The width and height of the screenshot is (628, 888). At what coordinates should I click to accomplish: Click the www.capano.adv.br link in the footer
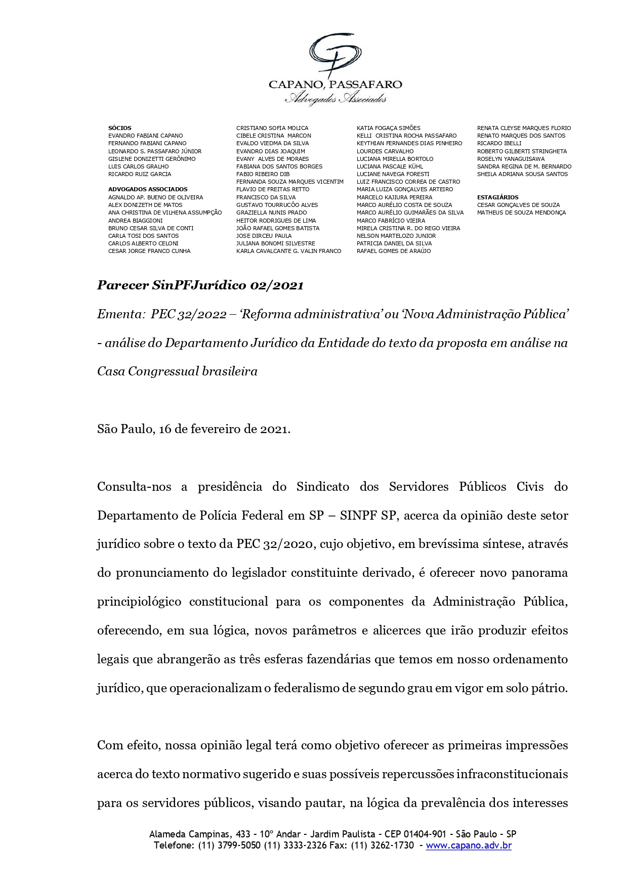468,845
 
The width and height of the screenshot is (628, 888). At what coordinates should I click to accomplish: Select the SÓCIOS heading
120,128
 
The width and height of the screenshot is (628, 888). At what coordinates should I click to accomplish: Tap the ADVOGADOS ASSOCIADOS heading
148,189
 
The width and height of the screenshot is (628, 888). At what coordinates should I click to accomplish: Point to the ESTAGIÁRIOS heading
497,197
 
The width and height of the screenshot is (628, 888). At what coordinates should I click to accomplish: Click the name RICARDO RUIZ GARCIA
140,174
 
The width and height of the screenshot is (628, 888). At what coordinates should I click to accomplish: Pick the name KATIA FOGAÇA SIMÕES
388,128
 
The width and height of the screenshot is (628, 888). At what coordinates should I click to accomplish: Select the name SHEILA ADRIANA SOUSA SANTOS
522,174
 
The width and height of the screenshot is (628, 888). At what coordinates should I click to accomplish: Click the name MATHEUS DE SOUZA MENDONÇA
521,213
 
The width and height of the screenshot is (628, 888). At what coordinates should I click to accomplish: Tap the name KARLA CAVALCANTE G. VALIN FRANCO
288,251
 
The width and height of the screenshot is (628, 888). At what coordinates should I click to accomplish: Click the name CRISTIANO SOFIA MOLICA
272,128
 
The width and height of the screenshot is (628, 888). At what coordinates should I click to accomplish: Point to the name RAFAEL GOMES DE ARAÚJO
394,251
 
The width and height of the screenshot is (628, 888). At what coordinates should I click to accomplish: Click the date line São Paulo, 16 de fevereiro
193,429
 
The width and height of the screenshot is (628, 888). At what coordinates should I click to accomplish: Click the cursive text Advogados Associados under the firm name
336,99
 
